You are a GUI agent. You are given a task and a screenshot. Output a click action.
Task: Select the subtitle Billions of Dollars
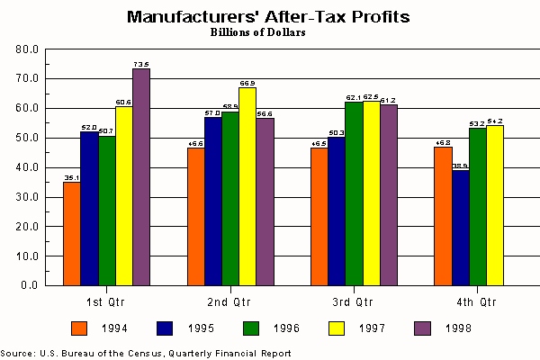(x=258, y=32)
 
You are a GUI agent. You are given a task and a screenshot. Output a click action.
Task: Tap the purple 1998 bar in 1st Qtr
(x=141, y=176)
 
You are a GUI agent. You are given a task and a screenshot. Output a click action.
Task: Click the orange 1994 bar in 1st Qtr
(x=72, y=233)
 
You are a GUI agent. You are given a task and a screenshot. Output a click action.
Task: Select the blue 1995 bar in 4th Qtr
(x=460, y=227)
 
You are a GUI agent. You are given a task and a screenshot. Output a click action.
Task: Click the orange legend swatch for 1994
(x=80, y=328)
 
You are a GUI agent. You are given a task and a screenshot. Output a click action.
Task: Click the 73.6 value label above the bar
(x=141, y=64)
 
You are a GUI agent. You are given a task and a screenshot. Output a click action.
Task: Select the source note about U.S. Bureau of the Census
(x=146, y=353)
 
